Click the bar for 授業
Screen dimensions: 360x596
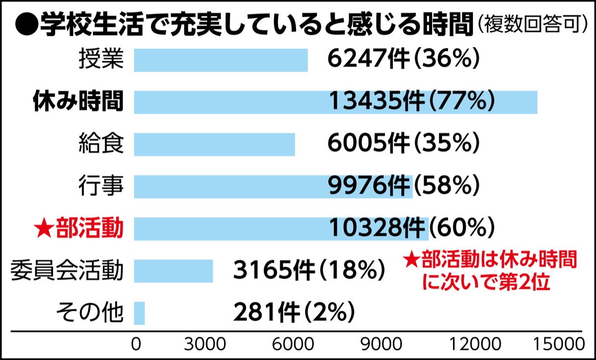[x=221, y=60]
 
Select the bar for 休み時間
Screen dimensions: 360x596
[x=335, y=102]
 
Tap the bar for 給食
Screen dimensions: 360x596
[x=214, y=144]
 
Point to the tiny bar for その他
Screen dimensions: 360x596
[x=139, y=313]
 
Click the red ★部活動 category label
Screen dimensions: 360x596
[x=78, y=229]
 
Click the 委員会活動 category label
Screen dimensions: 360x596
[x=66, y=271]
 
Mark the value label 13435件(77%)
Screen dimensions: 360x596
[x=411, y=102]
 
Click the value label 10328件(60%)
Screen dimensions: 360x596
[x=411, y=229]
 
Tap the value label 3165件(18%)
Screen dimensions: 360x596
[x=309, y=271]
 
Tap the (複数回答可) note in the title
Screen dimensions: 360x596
[x=531, y=24]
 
